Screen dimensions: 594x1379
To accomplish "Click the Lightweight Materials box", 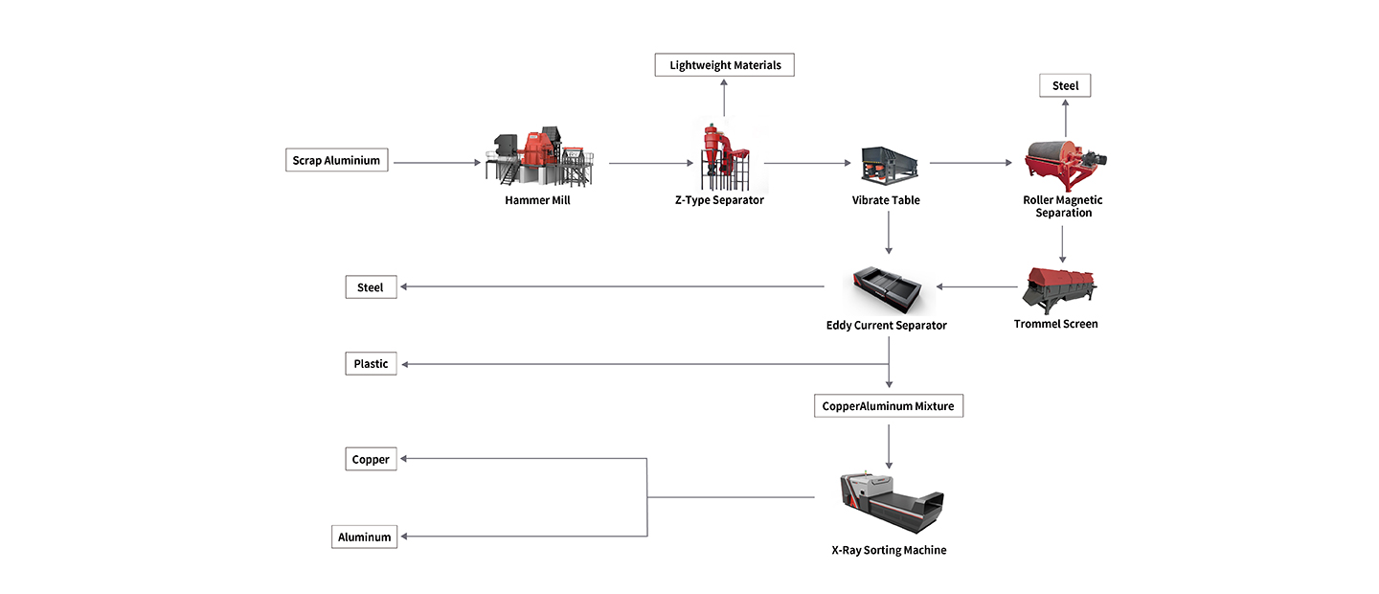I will click(x=724, y=65).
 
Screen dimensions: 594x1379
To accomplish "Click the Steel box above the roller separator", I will click(x=1065, y=85).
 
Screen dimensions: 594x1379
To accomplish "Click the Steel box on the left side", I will click(x=371, y=286).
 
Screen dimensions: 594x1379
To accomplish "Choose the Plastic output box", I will click(x=371, y=363).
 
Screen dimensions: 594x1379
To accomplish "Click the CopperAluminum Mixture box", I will click(x=889, y=405).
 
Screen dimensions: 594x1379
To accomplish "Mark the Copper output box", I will click(x=371, y=459).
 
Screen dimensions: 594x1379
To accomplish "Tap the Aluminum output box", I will click(x=365, y=537).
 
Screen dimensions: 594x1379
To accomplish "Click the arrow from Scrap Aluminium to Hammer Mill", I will click(x=437, y=163).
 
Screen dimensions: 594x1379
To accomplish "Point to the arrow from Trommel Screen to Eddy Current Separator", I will click(x=977, y=286).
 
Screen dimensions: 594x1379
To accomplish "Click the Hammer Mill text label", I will click(x=537, y=200).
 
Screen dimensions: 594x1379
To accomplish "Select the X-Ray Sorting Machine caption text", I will click(x=889, y=550).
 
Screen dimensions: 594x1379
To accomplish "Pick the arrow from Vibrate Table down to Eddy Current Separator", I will click(x=890, y=233).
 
